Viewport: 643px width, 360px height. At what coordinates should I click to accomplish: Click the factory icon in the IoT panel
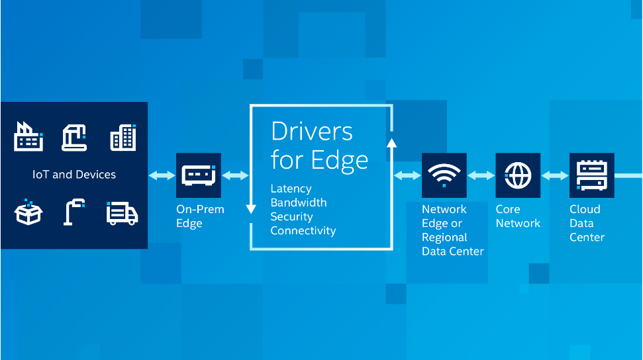point(28,136)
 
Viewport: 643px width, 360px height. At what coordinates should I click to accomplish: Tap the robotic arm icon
point(74,138)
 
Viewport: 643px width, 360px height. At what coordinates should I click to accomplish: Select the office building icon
point(123,138)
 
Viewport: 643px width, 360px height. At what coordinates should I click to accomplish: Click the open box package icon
point(28,212)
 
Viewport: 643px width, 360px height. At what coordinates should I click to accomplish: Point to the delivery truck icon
point(123,213)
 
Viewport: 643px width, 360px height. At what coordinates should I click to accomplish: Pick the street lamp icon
point(74,212)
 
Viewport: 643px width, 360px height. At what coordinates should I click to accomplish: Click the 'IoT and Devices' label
point(74,175)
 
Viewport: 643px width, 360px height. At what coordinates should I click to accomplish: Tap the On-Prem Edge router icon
point(199,175)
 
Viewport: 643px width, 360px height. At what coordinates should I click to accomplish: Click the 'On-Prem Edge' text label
point(200,216)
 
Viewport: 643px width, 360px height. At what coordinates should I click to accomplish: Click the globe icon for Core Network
point(518,175)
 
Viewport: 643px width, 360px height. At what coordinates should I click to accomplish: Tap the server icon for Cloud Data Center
point(592,175)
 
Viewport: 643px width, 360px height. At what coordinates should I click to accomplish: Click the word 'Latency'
point(291,189)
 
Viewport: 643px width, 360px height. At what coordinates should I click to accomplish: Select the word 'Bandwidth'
point(299,202)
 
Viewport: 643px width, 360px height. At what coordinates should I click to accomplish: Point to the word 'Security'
point(291,217)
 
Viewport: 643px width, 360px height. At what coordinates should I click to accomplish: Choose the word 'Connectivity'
point(303,231)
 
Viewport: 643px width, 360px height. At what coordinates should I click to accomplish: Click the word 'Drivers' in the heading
point(312,132)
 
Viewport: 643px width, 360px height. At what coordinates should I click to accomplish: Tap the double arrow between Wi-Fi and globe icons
point(481,175)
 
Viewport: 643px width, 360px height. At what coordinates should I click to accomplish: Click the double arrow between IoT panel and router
point(162,175)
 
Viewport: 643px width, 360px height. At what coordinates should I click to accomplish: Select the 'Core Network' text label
point(518,216)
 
